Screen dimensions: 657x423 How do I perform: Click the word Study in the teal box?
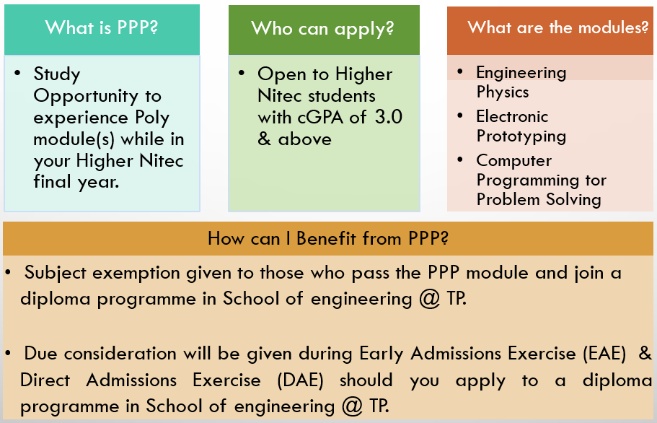[56, 74]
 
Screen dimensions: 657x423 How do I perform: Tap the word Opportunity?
[86, 97]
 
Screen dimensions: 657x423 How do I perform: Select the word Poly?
[152, 118]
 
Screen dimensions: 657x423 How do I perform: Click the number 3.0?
[389, 117]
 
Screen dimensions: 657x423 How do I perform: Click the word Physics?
[503, 92]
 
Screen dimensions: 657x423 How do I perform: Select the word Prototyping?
[521, 136]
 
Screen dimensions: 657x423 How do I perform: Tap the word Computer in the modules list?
[514, 160]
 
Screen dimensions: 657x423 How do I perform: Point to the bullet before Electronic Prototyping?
[460, 116]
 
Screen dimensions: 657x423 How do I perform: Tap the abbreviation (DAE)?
[301, 380]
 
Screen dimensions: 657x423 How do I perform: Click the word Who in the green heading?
[271, 28]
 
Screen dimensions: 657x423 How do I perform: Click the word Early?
[382, 354]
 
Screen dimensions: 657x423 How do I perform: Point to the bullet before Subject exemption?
[8, 273]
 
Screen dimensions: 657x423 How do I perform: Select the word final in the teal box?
[53, 182]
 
